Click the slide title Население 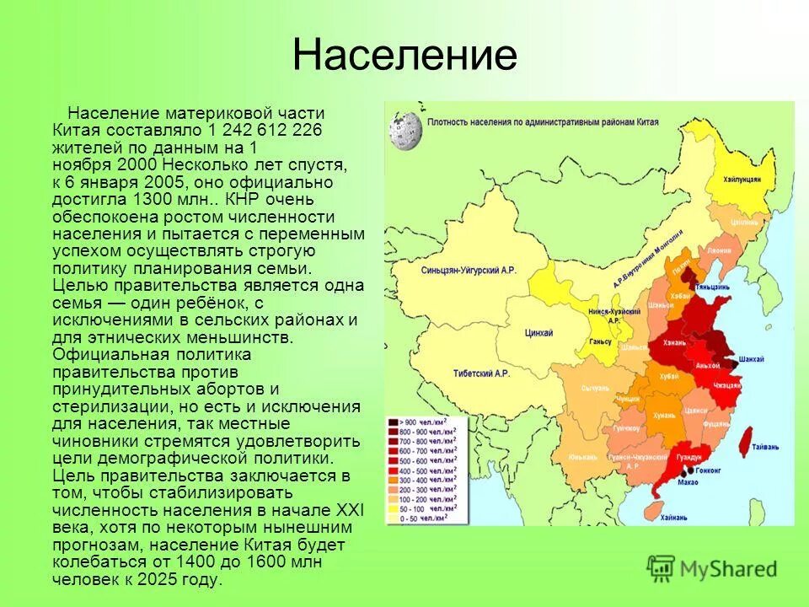coord(404,56)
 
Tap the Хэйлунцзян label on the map coord(741,180)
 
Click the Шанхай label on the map coord(750,359)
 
